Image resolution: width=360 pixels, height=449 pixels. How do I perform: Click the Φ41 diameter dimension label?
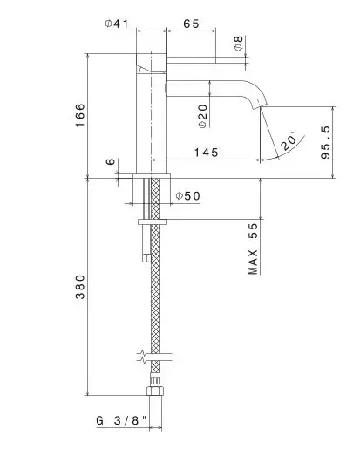pos(117,24)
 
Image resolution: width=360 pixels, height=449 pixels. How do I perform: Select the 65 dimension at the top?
pos(191,24)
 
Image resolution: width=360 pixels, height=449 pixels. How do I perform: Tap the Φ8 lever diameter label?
pos(239,44)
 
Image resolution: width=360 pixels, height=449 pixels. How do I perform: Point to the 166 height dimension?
pos(80,115)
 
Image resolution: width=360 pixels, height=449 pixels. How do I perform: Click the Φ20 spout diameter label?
pos(203,116)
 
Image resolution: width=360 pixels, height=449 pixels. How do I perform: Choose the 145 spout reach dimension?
pos(206,153)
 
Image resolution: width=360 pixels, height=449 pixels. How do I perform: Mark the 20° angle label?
pos(289,141)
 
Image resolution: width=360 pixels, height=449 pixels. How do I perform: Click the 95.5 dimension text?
pos(326,142)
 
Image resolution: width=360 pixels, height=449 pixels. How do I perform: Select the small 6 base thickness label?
pos(111,161)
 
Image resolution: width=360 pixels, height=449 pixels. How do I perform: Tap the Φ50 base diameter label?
pos(188,196)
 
